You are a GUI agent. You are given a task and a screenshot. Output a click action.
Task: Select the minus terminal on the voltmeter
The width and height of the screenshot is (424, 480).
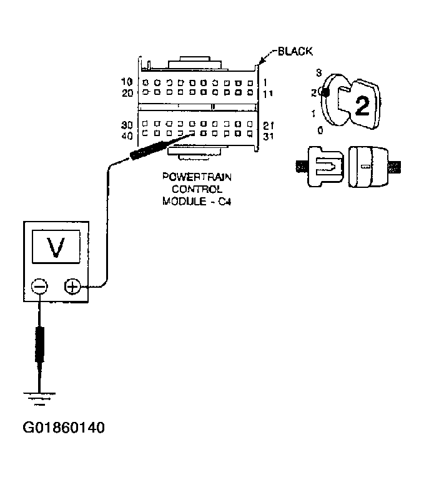(x=39, y=287)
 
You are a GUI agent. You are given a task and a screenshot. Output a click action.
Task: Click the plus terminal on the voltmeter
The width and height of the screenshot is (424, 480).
(x=72, y=287)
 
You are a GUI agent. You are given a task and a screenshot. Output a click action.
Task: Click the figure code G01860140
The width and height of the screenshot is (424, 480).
(x=64, y=429)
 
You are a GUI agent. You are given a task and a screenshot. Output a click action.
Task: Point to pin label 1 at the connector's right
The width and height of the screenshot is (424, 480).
(x=266, y=82)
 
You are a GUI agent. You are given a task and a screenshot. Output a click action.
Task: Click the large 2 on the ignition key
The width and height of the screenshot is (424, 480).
(x=361, y=106)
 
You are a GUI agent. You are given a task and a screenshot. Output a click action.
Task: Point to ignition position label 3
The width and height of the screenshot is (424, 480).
(x=318, y=73)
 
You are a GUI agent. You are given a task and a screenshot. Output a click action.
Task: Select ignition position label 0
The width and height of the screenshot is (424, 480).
(x=320, y=130)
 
